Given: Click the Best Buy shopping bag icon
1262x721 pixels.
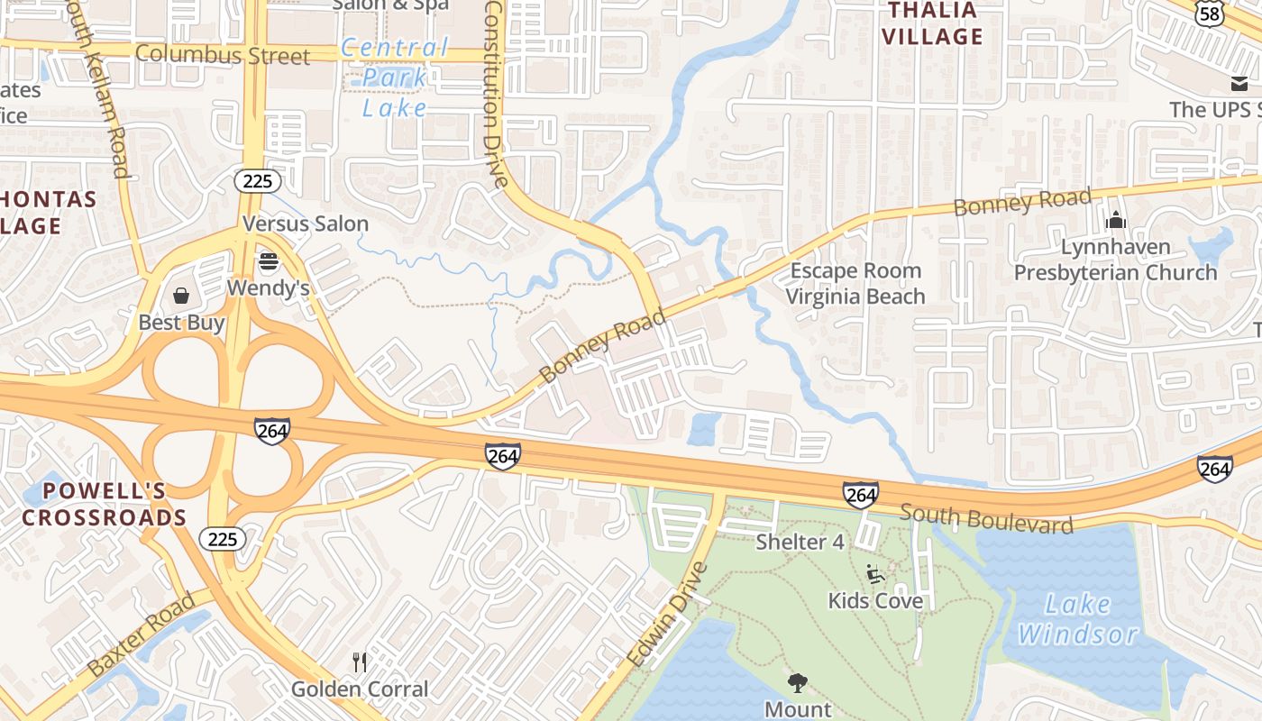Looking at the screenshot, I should (181, 296).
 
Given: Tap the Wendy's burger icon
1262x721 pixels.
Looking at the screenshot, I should (268, 262).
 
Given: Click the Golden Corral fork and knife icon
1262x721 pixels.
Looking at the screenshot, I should (360, 662).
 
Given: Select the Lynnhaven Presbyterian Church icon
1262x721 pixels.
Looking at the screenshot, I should (1116, 219).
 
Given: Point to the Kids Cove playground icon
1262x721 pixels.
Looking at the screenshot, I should (874, 573).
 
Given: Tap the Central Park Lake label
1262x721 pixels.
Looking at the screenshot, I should (395, 78).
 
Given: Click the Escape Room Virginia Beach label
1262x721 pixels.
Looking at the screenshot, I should (855, 283).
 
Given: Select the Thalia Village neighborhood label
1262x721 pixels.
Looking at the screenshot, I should (932, 23).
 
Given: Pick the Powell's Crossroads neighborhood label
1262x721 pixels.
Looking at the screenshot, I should (105, 504).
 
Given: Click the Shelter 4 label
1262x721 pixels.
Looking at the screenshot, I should (800, 542).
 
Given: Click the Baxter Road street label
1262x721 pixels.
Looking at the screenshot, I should (141, 634).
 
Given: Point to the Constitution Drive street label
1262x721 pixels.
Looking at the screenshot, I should (497, 94).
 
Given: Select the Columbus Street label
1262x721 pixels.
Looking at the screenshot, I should (222, 55).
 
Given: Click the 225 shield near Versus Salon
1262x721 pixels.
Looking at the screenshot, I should (257, 181).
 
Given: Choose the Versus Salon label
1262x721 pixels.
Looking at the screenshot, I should (306, 224).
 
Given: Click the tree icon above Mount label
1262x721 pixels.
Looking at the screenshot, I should (798, 682).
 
